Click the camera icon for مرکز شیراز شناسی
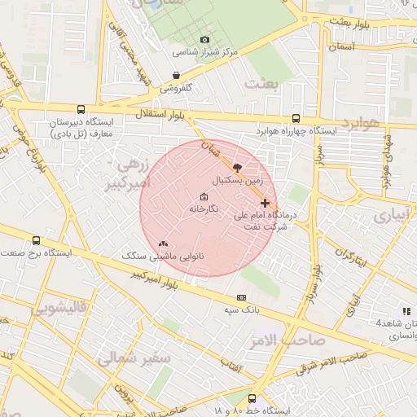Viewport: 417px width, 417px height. [204, 39]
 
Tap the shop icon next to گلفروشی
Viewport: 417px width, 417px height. [176, 76]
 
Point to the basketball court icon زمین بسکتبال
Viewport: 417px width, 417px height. [237, 166]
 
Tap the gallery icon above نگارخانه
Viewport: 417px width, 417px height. [203, 197]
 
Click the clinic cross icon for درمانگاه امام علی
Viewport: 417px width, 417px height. [265, 203]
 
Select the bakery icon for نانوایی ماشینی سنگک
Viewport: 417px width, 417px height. [163, 244]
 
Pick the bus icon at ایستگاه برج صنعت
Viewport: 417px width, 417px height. [36, 240]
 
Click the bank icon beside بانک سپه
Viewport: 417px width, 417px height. [241, 298]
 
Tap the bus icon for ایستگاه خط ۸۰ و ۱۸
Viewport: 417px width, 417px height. [252, 399]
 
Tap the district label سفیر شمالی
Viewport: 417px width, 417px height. [134, 358]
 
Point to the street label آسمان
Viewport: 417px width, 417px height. [341, 47]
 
